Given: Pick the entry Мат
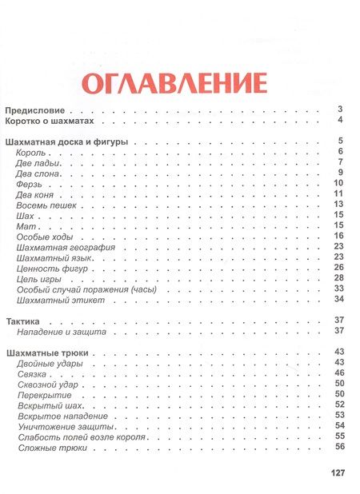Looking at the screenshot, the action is click(x=24, y=226).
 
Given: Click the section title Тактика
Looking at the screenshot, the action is click(x=23, y=321).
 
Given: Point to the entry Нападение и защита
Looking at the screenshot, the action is click(x=60, y=331).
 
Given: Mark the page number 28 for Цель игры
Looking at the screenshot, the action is click(x=338, y=278).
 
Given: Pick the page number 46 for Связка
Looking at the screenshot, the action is click(x=338, y=373).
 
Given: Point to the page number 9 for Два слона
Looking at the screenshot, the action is click(x=340, y=173).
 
